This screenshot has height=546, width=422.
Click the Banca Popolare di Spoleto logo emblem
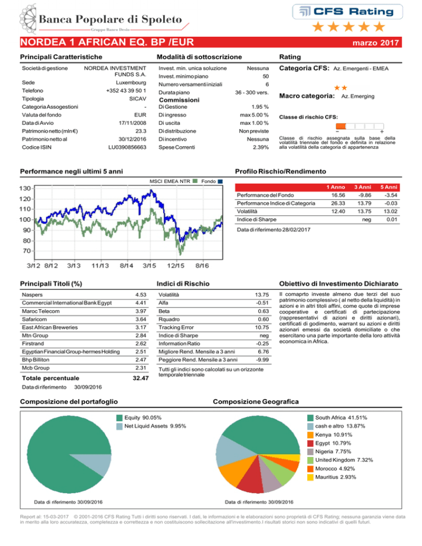(28, 19)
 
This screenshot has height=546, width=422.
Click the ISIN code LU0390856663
(127, 147)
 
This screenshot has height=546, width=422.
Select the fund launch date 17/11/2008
(132, 123)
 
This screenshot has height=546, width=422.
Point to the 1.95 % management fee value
(260, 107)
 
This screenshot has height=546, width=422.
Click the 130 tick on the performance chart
(25, 188)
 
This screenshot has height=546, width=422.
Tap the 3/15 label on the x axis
(149, 266)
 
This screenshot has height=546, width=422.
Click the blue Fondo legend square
(220, 181)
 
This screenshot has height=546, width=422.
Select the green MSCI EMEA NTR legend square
(195, 181)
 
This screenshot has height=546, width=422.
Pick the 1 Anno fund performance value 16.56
(338, 196)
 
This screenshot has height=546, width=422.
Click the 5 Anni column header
(388, 187)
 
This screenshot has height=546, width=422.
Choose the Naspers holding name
(32, 295)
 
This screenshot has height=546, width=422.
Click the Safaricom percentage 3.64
(141, 319)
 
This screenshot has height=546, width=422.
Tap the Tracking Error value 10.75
(262, 327)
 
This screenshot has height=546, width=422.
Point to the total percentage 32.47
(141, 378)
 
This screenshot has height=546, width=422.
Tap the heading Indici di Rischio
(183, 284)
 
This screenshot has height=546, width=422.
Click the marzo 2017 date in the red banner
(376, 43)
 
